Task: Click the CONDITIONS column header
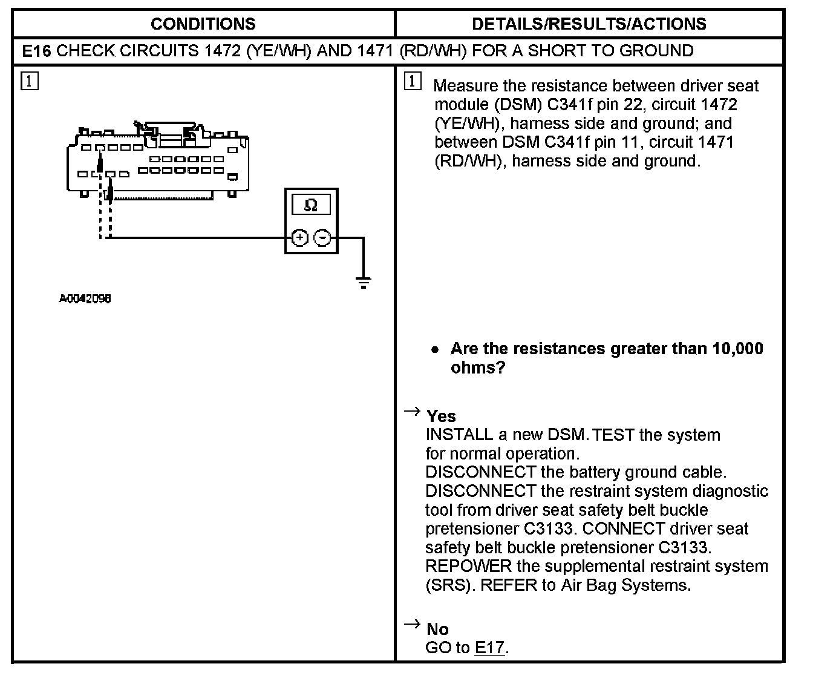point(203,24)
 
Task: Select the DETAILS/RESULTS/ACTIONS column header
point(589,24)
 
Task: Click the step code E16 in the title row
point(36,50)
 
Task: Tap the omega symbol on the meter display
point(311,205)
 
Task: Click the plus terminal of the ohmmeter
point(299,238)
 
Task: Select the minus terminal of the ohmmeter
point(324,238)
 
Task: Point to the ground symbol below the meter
point(363,282)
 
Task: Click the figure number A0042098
point(85,298)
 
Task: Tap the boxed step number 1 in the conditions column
point(30,81)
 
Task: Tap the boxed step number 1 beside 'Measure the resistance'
point(412,81)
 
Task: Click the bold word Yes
point(441,416)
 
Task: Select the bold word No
point(437,629)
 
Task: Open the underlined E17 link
point(489,648)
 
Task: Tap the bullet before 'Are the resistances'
point(434,350)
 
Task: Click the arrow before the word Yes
point(412,412)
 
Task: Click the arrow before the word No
point(412,624)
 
